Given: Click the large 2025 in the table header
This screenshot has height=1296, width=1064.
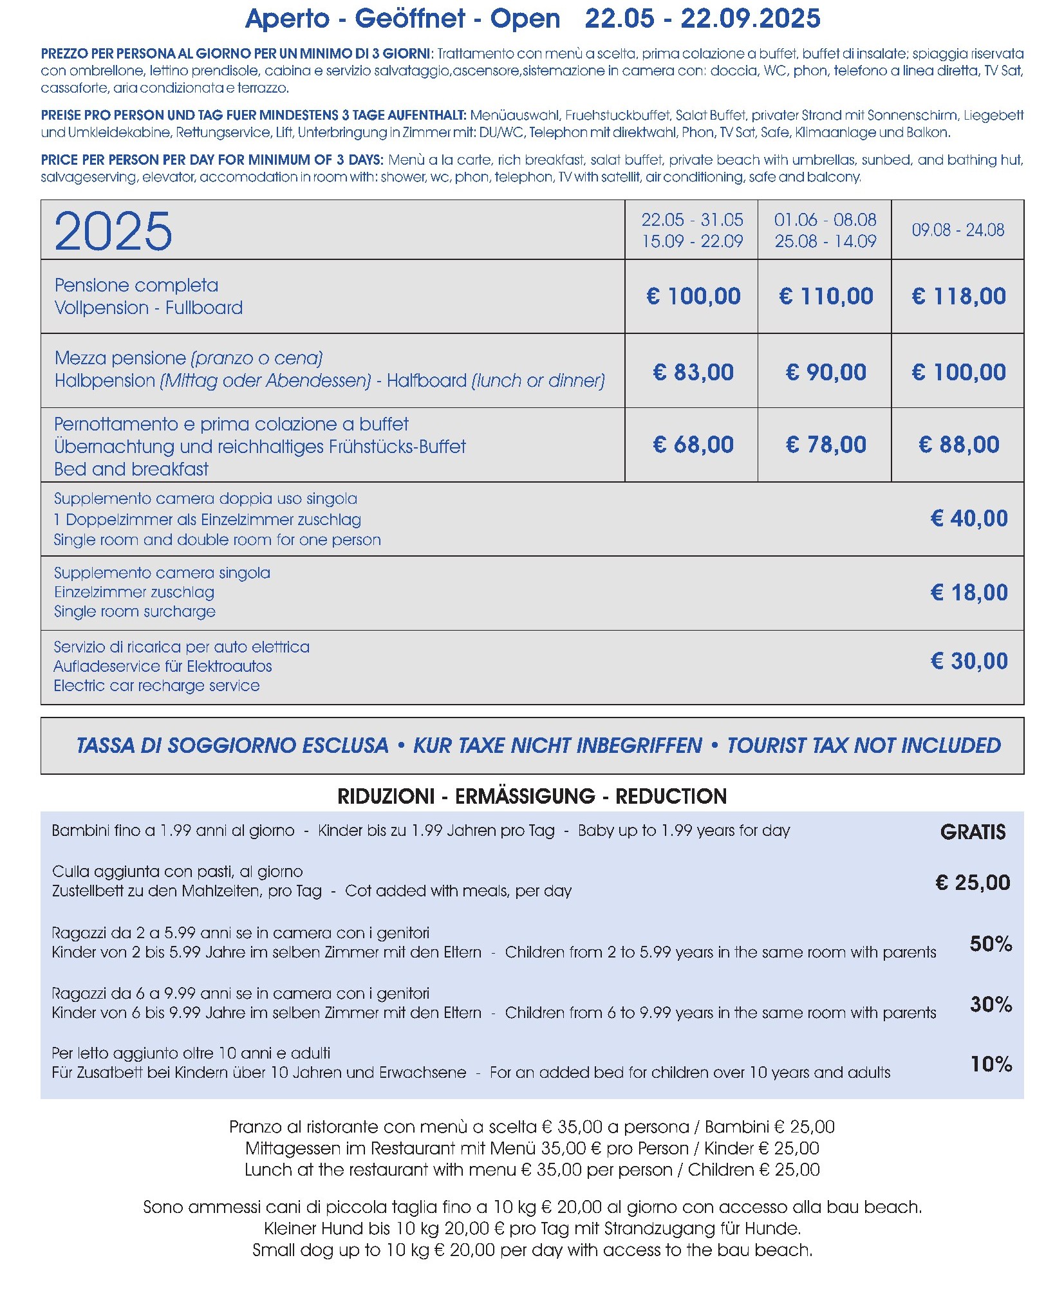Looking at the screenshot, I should click(113, 231).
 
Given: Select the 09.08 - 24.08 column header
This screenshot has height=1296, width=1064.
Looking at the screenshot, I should click(957, 230).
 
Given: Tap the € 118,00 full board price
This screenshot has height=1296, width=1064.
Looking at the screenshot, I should click(958, 296).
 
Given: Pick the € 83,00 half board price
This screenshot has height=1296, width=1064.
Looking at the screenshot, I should click(693, 372).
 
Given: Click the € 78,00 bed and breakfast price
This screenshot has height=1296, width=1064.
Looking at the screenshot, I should click(826, 445).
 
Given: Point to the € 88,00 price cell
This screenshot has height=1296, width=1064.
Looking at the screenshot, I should click(958, 445).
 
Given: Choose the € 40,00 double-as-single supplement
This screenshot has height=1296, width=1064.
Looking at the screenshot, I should click(969, 518).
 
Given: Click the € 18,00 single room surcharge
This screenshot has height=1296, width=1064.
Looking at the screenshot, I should click(969, 592).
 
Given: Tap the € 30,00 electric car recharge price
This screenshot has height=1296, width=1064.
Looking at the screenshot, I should click(969, 661).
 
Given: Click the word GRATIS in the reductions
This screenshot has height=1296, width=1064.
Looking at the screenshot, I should click(973, 832).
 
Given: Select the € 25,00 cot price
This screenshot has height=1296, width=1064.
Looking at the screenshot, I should click(972, 882).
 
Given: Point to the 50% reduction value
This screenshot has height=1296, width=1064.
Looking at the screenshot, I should click(991, 944).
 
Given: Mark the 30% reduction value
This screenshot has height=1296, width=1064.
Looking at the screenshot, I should click(991, 1004).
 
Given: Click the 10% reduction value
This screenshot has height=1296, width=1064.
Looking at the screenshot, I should click(991, 1064).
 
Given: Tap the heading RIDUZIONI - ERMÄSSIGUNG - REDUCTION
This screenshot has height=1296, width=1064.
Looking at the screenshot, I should click(532, 796).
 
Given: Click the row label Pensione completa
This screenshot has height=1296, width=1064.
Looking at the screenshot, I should click(136, 285).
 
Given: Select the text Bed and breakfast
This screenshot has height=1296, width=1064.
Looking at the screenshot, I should click(131, 469).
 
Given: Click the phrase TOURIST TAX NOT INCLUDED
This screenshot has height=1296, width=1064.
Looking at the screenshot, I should click(864, 745).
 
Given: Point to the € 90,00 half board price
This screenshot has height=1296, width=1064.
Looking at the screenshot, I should click(826, 372).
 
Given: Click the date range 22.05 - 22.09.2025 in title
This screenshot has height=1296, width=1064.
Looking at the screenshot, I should click(702, 19).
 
